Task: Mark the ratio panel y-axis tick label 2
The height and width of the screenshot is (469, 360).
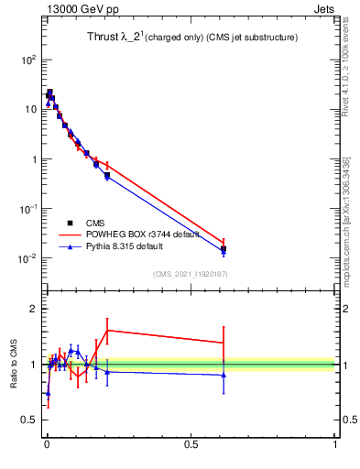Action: point(33,309)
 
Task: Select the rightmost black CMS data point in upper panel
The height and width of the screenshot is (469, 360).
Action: point(224,249)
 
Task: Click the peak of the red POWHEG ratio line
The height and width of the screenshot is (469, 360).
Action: point(108,330)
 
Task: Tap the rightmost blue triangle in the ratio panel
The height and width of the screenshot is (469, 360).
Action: point(224,375)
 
